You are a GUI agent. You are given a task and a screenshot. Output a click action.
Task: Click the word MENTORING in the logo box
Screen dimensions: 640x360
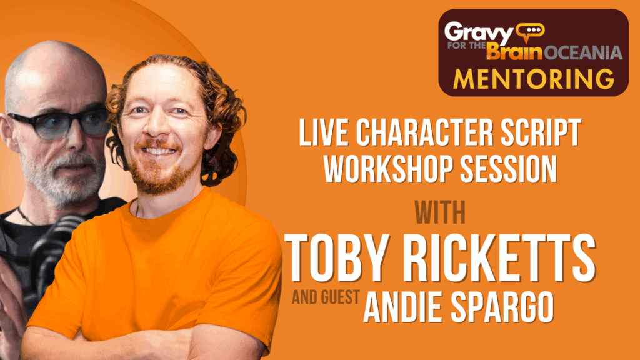click(x=534, y=79)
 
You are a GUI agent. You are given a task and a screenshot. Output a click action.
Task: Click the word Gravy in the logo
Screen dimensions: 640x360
click(x=479, y=32)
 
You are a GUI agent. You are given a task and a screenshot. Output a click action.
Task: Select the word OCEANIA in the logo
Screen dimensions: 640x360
click(x=583, y=52)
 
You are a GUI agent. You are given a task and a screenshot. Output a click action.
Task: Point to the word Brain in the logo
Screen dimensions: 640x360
click(x=515, y=51)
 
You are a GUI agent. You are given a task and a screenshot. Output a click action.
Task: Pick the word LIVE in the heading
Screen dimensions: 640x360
click(x=324, y=132)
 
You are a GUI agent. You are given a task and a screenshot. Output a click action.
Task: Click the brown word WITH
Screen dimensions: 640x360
click(x=440, y=212)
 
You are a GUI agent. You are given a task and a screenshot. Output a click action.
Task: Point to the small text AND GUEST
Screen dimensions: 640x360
click(x=326, y=297)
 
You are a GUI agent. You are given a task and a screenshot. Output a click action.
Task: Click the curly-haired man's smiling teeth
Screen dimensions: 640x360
click(x=158, y=151)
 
